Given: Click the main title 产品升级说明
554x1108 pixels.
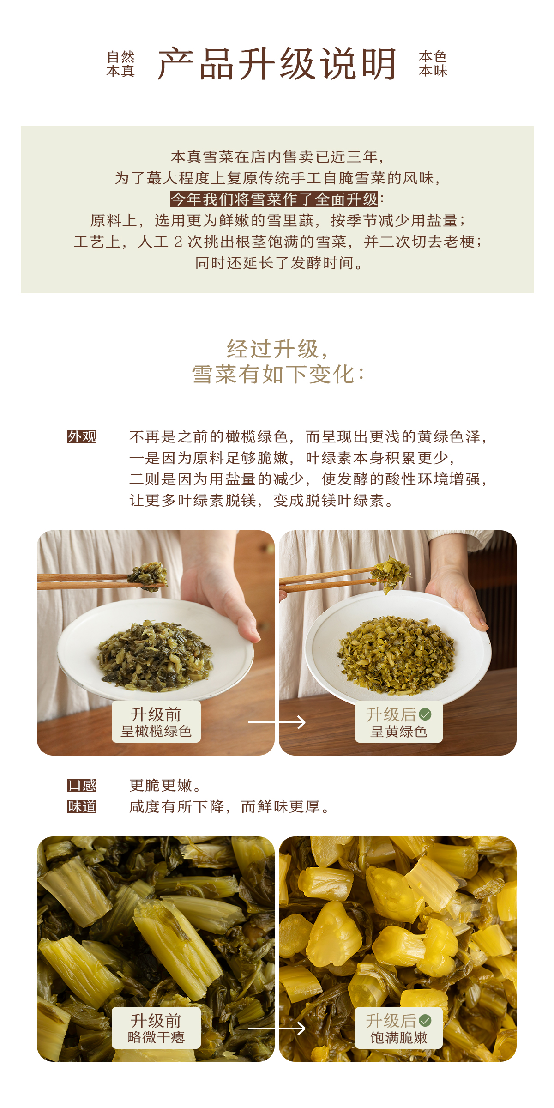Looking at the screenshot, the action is [x=277, y=64].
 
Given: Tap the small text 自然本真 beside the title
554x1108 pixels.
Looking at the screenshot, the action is [x=120, y=64].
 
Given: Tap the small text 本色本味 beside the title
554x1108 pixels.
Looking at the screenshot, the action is [x=433, y=64].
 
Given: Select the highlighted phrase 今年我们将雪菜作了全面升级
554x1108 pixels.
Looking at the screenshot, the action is [x=274, y=199].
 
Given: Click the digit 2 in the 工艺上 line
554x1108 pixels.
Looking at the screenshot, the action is [x=178, y=242].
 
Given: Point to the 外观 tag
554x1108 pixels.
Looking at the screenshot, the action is [x=82, y=436].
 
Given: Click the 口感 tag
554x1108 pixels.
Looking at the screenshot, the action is [x=82, y=785].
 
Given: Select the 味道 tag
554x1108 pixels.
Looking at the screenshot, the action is [x=82, y=806].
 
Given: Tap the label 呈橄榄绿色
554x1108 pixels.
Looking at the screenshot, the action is [x=156, y=731].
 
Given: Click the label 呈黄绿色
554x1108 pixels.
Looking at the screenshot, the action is [x=399, y=732].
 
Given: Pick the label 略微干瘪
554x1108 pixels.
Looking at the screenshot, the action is [x=156, y=1037].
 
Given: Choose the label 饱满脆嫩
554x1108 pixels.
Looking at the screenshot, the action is [x=399, y=1038].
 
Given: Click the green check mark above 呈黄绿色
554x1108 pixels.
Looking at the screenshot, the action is [x=425, y=714].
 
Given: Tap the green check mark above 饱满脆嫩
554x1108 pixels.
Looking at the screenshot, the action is [x=425, y=1021].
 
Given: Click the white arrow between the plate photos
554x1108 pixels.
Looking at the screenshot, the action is [x=277, y=722].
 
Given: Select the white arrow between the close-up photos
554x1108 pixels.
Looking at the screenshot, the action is [x=277, y=1028].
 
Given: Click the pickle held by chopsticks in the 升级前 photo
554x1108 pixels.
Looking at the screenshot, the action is [x=148, y=575].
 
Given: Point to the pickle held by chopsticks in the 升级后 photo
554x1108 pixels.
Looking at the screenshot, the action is [x=391, y=573].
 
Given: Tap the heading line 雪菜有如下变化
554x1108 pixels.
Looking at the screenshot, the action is [x=278, y=374].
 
